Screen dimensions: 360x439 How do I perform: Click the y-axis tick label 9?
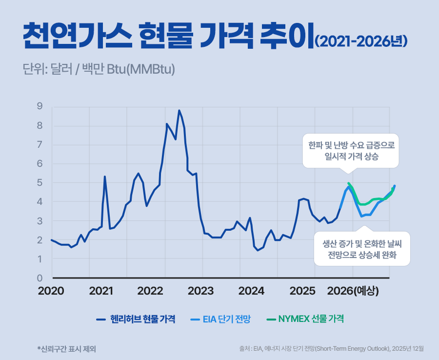pyautogui.click(x=40, y=106)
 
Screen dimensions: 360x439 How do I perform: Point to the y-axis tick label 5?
pyautogui.click(x=40, y=183)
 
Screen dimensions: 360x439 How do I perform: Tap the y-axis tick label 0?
pyautogui.click(x=40, y=278)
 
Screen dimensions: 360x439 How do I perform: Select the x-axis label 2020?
pyautogui.click(x=51, y=291)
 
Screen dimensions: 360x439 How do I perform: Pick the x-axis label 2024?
pyautogui.click(x=251, y=291)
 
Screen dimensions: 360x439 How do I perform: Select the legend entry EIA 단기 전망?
pyautogui.click(x=226, y=320)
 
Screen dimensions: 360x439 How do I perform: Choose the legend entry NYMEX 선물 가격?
pyautogui.click(x=311, y=320)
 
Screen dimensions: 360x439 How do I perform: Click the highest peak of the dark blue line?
pyautogui.click(x=179, y=111)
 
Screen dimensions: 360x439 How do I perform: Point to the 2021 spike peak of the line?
pyautogui.click(x=105, y=177)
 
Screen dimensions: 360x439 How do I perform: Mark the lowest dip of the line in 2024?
pyautogui.click(x=258, y=250)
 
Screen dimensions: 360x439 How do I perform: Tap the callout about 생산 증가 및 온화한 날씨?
pyautogui.click(x=361, y=249)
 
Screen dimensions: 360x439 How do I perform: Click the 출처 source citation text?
pyautogui.click(x=331, y=349)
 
